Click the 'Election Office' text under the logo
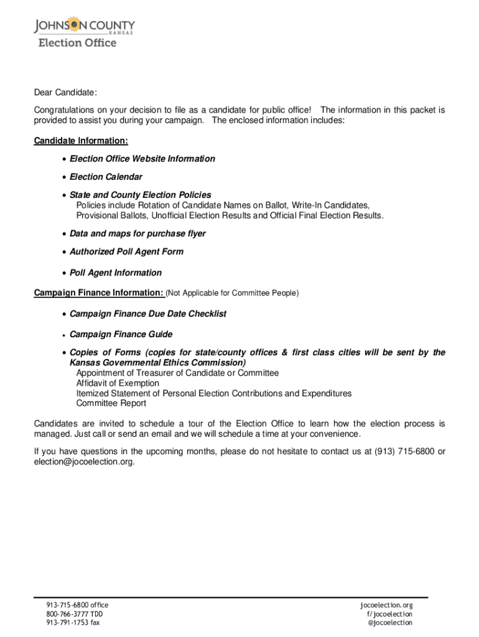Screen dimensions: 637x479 pyautogui.click(x=77, y=43)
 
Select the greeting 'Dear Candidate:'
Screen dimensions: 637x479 pyautogui.click(x=65, y=93)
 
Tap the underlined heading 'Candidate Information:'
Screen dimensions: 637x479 pyautogui.click(x=81, y=141)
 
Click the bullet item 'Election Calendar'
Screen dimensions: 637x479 pyautogui.click(x=106, y=177)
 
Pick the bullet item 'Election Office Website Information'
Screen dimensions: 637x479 pyautogui.click(x=142, y=159)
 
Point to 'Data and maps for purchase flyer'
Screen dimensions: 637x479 pyautogui.click(x=137, y=233)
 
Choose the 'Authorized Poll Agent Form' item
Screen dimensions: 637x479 pyautogui.click(x=126, y=251)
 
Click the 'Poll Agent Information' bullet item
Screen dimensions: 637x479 pyautogui.click(x=115, y=272)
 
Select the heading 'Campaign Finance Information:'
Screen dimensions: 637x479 pyautogui.click(x=98, y=292)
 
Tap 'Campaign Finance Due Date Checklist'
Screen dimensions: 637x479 pyautogui.click(x=147, y=314)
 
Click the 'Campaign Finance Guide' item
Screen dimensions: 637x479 pyautogui.click(x=121, y=334)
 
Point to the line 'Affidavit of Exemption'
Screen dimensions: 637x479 pyautogui.click(x=118, y=383)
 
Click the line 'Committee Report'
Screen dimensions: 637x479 pyautogui.click(x=111, y=403)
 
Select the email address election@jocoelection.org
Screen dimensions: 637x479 pyautogui.click(x=83, y=462)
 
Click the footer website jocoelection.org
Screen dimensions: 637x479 pyautogui.click(x=386, y=605)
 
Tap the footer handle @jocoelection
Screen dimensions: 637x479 pyautogui.click(x=390, y=622)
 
